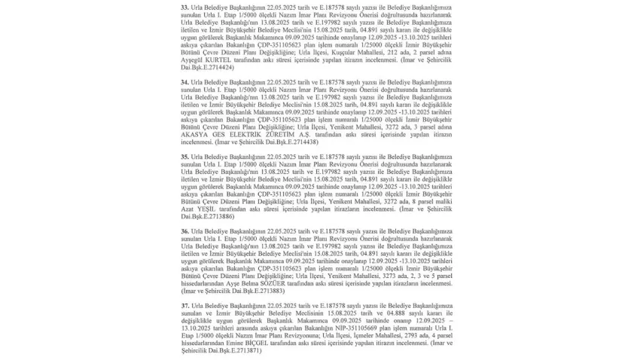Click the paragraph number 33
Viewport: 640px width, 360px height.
(185, 7)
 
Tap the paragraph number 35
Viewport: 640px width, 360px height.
(185, 157)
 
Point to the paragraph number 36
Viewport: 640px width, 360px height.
(185, 230)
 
